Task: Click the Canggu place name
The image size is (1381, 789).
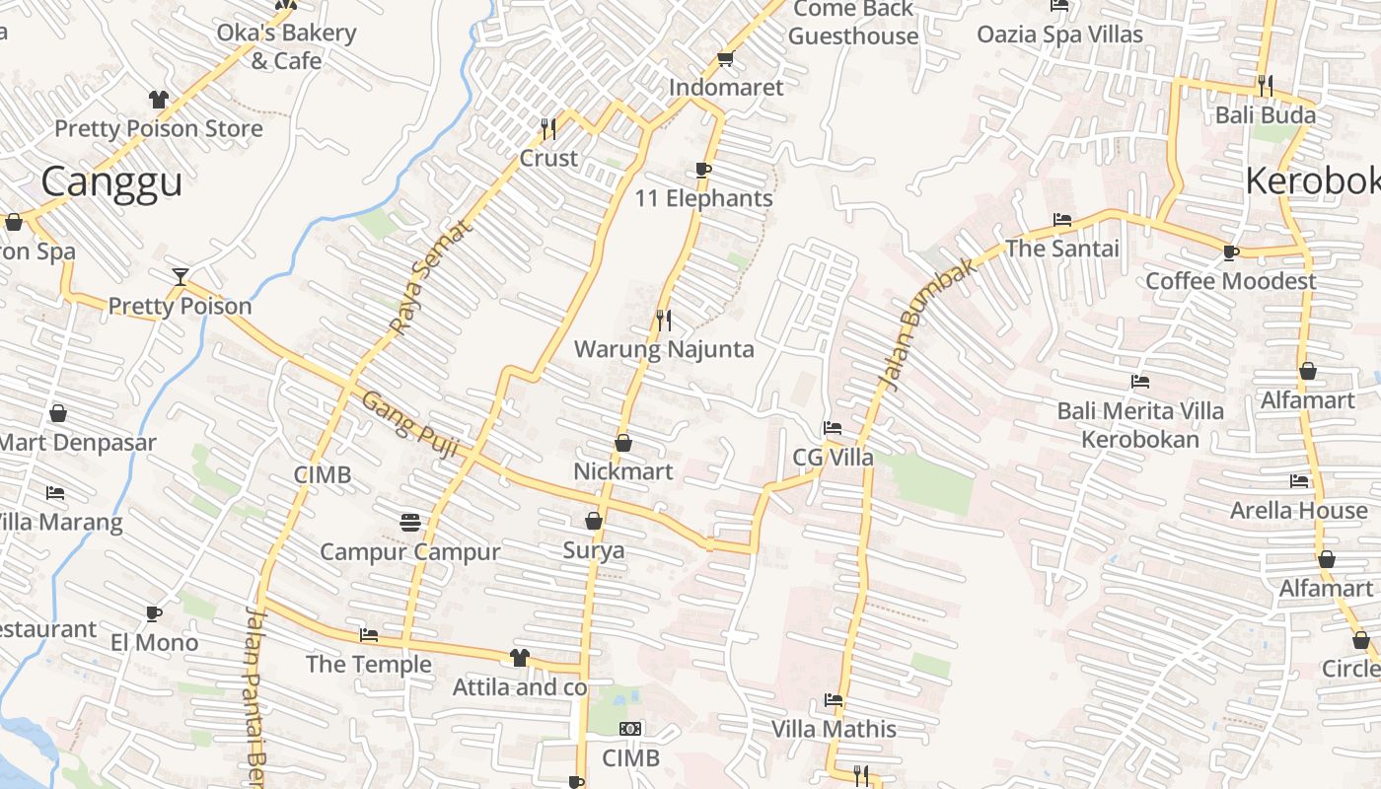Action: pos(111,182)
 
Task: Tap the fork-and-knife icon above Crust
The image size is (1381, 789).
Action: pos(548,128)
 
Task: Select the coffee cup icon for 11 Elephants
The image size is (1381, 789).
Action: pos(703,170)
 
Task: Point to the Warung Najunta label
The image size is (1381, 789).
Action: pos(664,349)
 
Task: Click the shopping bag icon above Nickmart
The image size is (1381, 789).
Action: pos(623,444)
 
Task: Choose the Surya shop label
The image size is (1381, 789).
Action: pos(594,550)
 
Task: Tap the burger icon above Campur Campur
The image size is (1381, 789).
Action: pos(410,521)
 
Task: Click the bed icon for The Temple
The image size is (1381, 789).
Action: pos(369,635)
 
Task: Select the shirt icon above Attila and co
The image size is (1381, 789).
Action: pos(519,658)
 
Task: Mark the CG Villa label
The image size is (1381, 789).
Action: pos(834,458)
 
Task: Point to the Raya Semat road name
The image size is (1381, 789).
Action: pos(431,277)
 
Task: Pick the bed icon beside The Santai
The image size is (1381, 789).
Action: pos(1062,220)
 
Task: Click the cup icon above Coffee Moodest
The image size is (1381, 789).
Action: pos(1231,252)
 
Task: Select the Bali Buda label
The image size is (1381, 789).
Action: pos(1266,115)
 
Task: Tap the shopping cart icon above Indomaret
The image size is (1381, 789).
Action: pos(726,59)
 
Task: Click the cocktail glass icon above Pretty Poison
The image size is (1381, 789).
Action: pos(180,276)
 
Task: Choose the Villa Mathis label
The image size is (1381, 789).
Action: pos(834,730)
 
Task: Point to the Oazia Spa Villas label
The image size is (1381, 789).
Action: pos(1059,35)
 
